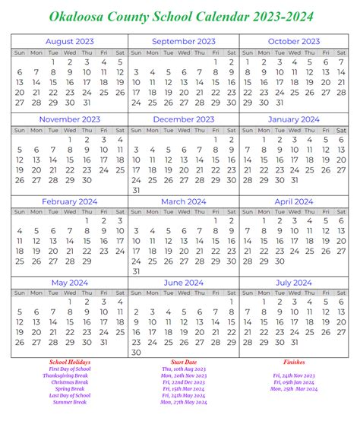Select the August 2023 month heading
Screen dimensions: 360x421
click(x=70, y=41)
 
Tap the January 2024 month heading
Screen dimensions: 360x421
click(x=294, y=119)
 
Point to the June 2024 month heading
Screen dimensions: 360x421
click(x=184, y=283)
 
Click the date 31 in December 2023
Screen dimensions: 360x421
click(x=137, y=190)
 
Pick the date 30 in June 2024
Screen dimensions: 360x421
click(x=137, y=353)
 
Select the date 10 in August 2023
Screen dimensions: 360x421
click(x=87, y=72)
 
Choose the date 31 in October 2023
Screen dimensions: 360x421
click(x=279, y=103)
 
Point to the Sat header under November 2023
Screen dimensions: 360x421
click(x=119, y=129)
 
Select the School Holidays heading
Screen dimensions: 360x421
click(x=69, y=362)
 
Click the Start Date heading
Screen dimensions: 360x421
click(x=184, y=362)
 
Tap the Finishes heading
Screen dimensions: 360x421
click(x=294, y=362)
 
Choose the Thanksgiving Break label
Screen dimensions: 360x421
click(x=69, y=375)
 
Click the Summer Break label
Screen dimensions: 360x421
click(x=69, y=403)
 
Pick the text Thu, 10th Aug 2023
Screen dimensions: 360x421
click(x=183, y=369)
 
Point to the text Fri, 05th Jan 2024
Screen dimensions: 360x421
click(x=294, y=382)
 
